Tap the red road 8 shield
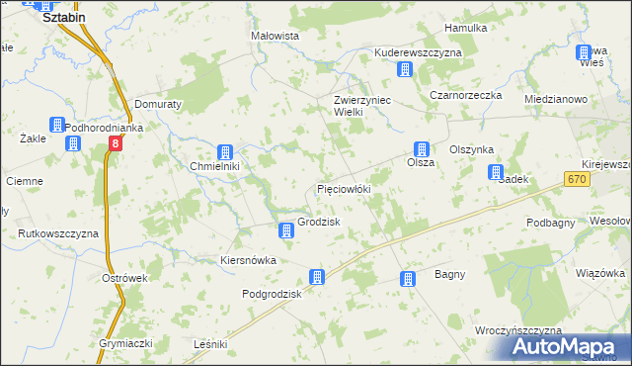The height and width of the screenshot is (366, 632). [116, 144]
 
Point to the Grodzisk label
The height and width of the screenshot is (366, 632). [319, 222]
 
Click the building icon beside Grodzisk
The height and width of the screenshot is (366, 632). [286, 230]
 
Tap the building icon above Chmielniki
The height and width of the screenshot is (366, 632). [225, 152]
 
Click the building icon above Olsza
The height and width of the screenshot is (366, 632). [421, 148]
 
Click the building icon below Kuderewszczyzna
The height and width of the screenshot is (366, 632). [403, 68]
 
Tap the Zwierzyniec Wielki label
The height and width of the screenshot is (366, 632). [350, 106]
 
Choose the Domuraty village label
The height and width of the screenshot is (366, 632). [157, 103]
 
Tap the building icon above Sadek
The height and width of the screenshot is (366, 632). [496, 172]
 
